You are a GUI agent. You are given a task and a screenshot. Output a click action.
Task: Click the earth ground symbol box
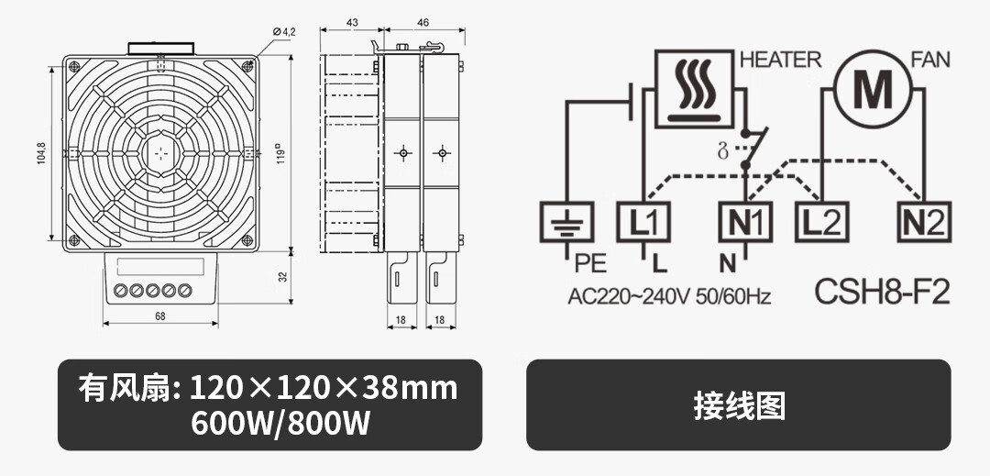pyautogui.click(x=569, y=223)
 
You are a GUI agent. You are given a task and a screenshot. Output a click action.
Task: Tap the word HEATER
pyautogui.click(x=780, y=61)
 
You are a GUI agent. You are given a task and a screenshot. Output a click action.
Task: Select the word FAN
pyautogui.click(x=929, y=61)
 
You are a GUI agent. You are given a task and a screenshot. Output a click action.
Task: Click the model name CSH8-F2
pyautogui.click(x=882, y=292)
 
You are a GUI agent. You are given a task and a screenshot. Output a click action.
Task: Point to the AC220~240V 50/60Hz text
pyautogui.click(x=669, y=297)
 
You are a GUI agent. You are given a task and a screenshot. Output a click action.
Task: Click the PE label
pyautogui.click(x=590, y=265)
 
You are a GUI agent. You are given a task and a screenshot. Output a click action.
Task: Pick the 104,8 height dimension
pyautogui.click(x=41, y=152)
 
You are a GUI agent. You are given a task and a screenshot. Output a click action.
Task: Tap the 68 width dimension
pyautogui.click(x=160, y=316)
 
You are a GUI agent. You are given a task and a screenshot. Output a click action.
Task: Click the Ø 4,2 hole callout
pyautogui.click(x=283, y=32)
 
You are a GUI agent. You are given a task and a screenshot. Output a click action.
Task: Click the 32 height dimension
pyautogui.click(x=283, y=276)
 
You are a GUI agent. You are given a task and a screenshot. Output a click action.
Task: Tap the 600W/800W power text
pyautogui.click(x=269, y=425)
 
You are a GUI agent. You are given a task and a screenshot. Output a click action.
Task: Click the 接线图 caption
pyautogui.click(x=739, y=404)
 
